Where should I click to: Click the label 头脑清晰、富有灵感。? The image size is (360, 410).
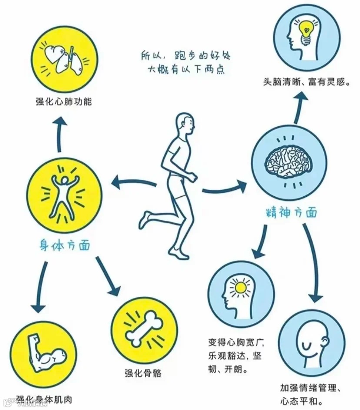(x=307, y=81)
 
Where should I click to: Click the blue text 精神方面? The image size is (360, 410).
(x=291, y=213)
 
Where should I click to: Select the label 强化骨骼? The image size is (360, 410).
(x=143, y=373)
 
